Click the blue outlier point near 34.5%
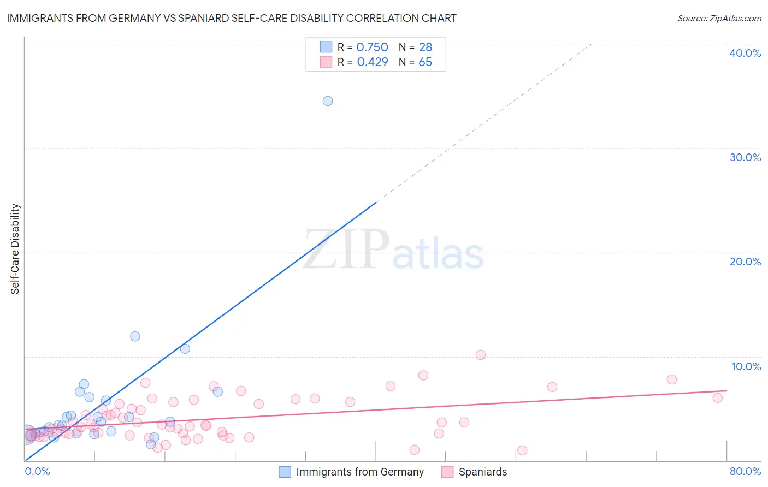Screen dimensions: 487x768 [328, 101]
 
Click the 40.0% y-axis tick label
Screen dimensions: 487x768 [745, 53]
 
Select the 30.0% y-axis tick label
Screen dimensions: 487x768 [745, 157]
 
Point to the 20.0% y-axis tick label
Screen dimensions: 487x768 [745, 262]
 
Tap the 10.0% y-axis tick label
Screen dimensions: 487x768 [746, 366]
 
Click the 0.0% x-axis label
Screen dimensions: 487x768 [37, 471]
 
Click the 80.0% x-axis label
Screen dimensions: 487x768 [745, 471]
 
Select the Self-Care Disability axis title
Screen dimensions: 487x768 [15, 249]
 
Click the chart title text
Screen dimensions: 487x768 [232, 18]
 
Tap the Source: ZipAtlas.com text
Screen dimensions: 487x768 [719, 19]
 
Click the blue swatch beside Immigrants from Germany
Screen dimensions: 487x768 [285, 472]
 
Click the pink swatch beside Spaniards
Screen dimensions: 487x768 [447, 472]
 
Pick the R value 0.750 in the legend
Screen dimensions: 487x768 [372, 47]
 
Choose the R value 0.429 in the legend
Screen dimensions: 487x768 [372, 62]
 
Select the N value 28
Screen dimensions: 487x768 [425, 47]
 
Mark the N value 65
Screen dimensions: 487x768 [425, 62]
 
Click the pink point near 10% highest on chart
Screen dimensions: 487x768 [481, 355]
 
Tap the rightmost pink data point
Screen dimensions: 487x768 [718, 398]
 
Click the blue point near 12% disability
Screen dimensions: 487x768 [135, 336]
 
